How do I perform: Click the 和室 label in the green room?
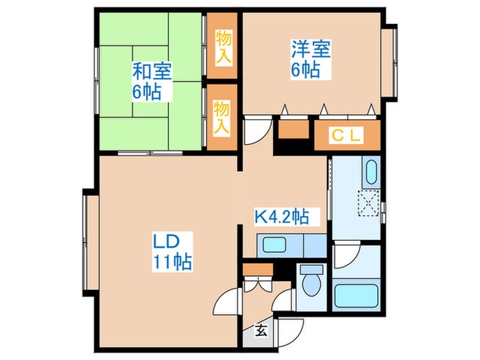[x=152, y=71]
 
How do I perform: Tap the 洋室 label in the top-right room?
[x=311, y=49]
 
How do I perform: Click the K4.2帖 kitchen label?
[x=282, y=218]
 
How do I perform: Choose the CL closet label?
[x=346, y=135]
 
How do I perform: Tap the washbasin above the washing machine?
[x=371, y=171]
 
